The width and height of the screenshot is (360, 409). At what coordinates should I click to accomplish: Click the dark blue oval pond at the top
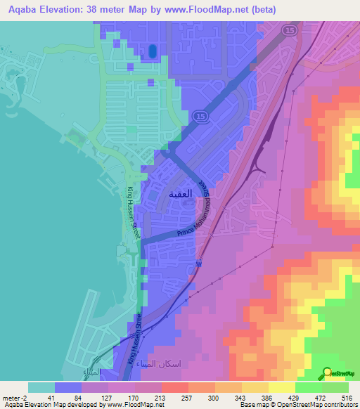coord(152,51)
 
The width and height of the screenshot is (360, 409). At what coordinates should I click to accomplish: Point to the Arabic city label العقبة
coord(181,192)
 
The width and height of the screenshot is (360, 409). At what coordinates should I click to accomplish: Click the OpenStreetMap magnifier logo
coord(328,372)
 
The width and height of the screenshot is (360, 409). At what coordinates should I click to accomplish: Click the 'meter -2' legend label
coord(15,397)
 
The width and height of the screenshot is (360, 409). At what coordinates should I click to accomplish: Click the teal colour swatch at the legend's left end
coord(41,387)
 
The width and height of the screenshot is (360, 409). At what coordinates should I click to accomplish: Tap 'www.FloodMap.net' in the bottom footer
coord(134,405)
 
